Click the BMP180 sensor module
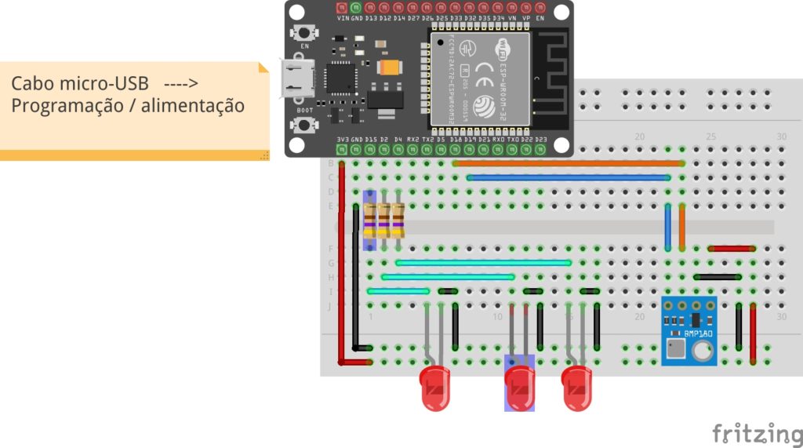(x=689, y=330)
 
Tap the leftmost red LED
(x=435, y=388)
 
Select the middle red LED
(x=518, y=388)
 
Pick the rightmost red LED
(x=576, y=388)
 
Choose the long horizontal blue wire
(x=569, y=178)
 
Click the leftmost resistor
(x=369, y=220)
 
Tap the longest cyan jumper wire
(x=483, y=263)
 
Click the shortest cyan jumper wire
(x=398, y=291)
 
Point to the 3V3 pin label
(x=342, y=140)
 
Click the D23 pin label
(x=540, y=140)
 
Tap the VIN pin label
(x=343, y=17)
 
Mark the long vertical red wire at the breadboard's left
(x=341, y=259)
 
